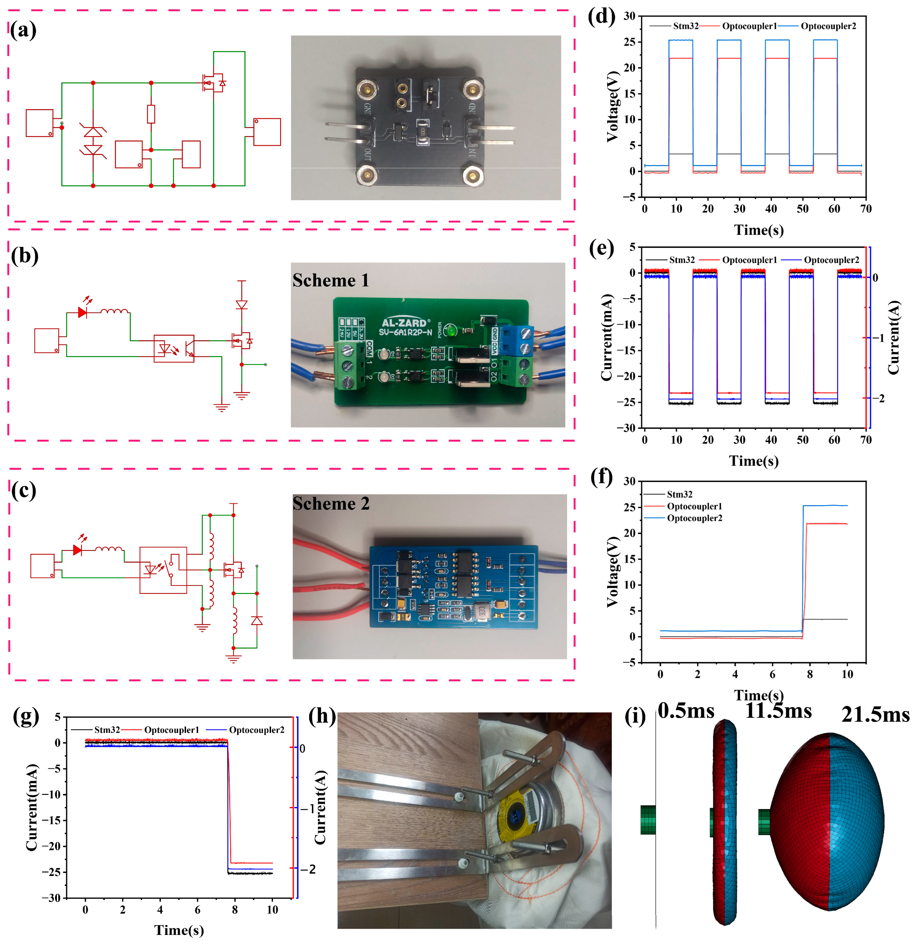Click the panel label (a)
[x=23, y=30]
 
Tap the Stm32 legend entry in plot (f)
[x=679, y=494]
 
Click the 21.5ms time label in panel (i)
[x=875, y=715]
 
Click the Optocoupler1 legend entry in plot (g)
[x=171, y=730]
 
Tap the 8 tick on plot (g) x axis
[x=235, y=910]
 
